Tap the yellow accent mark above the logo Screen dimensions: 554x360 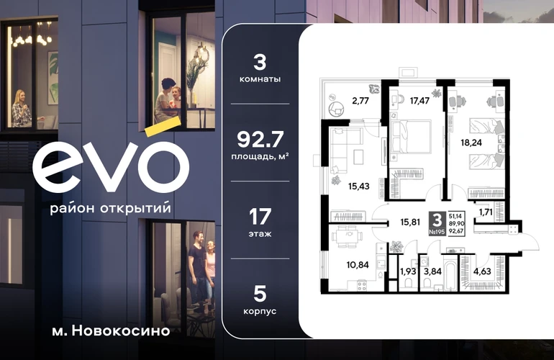tap(163, 127)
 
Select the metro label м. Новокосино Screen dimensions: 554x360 tap(111, 331)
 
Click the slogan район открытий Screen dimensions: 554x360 tap(110, 208)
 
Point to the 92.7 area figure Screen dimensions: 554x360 tap(260, 140)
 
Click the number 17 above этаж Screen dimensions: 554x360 tap(260, 217)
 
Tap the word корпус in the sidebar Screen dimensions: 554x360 tap(260, 312)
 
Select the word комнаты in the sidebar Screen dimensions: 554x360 tap(260, 79)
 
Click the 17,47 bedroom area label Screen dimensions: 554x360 tap(419, 101)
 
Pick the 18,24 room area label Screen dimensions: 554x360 tap(471, 143)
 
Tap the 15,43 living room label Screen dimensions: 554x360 tap(358, 186)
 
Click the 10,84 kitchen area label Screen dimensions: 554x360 tap(358, 264)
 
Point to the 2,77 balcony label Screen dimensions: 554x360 tap(360, 101)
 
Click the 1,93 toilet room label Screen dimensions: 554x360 tap(408, 271)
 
